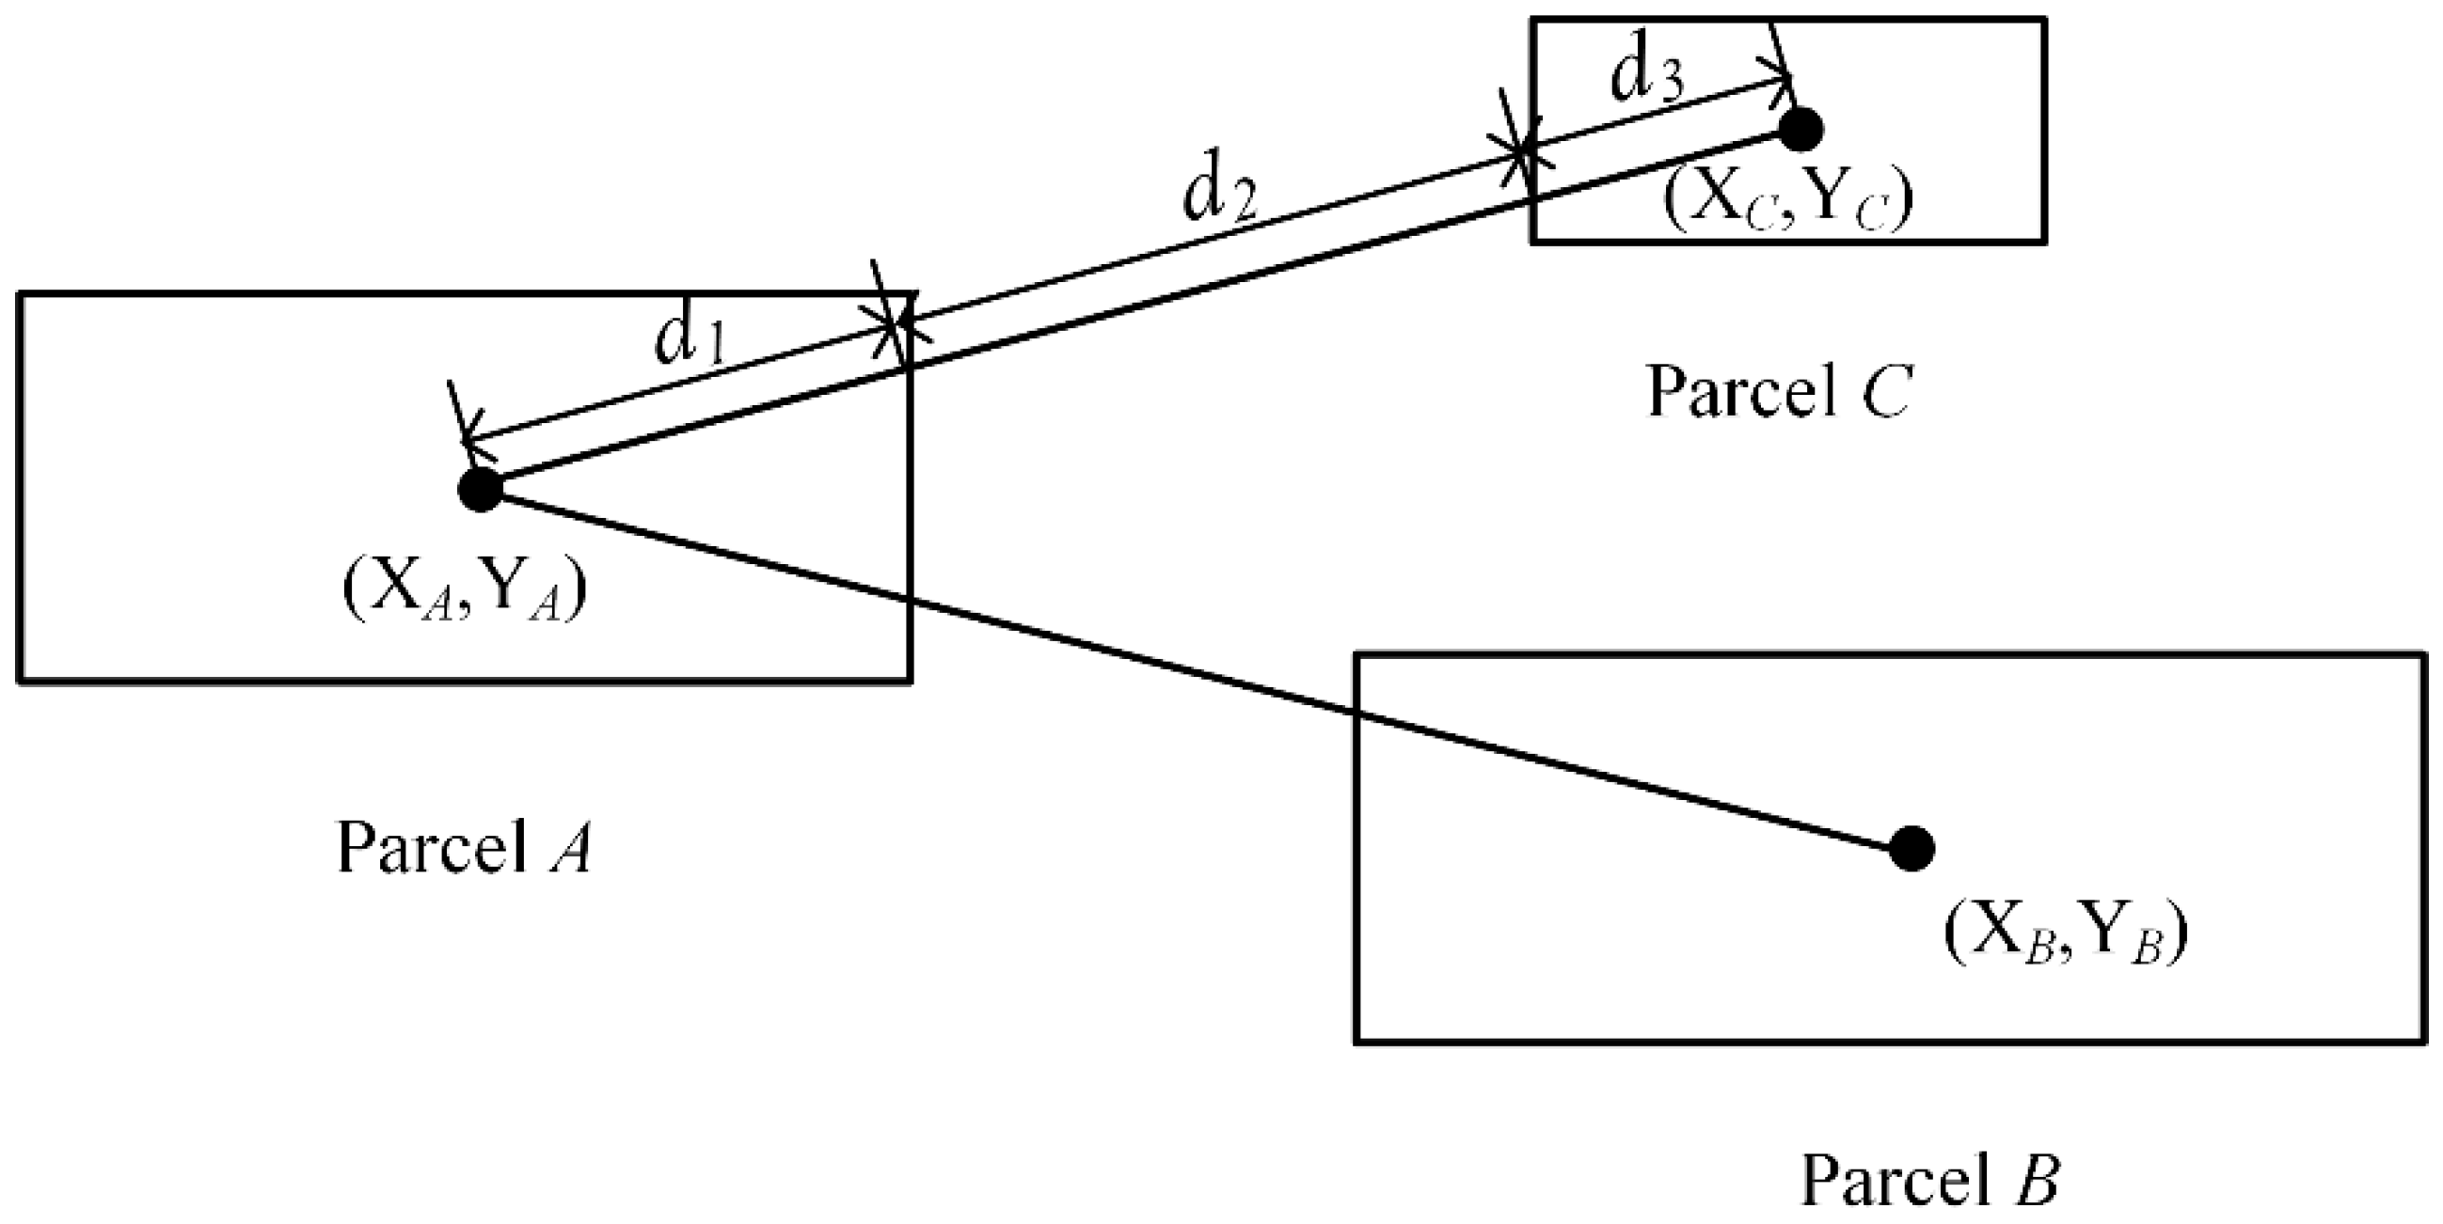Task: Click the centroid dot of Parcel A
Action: pos(480,489)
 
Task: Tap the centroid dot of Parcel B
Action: pos(1911,848)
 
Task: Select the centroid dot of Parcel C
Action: pos(1800,128)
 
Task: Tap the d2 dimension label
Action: pos(1218,196)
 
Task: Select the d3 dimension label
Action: pos(1646,76)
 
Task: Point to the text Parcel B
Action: pos(1930,1181)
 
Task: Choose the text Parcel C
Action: pos(1778,392)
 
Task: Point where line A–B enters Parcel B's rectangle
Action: pos(1357,711)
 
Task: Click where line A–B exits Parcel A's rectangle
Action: pos(911,599)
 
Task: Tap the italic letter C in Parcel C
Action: pos(1884,392)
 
